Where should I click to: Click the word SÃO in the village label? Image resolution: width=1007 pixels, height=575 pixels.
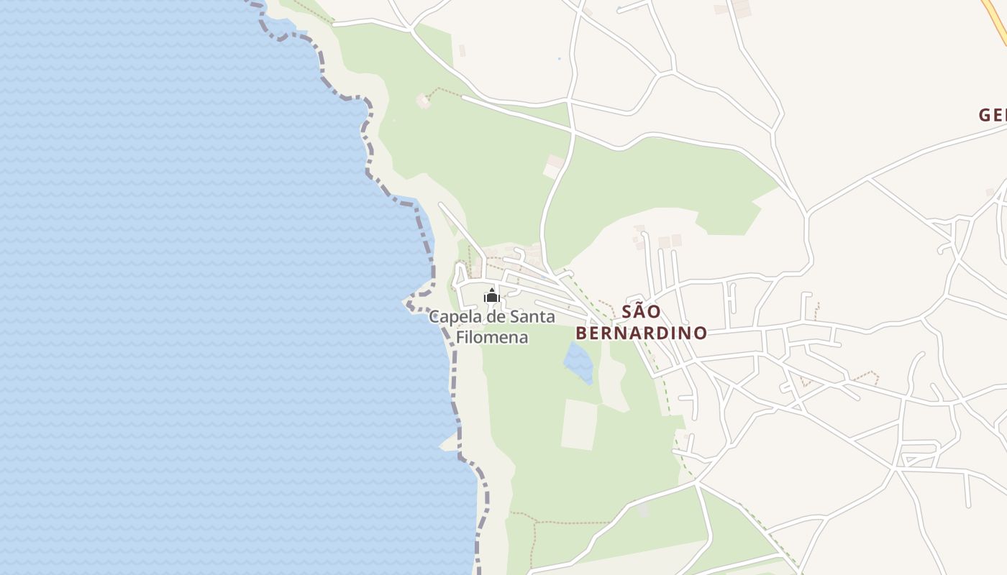[x=640, y=312]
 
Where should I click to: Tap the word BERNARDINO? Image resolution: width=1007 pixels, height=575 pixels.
[x=641, y=333]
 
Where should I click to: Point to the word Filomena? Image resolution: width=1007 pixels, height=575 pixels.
[x=492, y=337]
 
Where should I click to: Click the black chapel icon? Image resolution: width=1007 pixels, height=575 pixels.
[x=492, y=295]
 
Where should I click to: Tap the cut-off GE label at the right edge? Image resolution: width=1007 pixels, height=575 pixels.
[x=993, y=115]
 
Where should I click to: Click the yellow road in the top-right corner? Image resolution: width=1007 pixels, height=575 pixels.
[x=996, y=22]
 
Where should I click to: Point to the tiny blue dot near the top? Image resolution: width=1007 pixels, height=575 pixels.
[x=558, y=59]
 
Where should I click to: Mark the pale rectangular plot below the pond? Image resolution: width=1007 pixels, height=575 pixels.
[x=579, y=425]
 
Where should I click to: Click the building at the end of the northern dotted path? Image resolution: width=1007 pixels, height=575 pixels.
[x=423, y=101]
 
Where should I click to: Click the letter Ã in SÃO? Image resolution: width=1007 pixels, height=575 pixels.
[x=640, y=312]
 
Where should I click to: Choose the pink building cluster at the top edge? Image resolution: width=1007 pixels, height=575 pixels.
[x=739, y=9]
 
